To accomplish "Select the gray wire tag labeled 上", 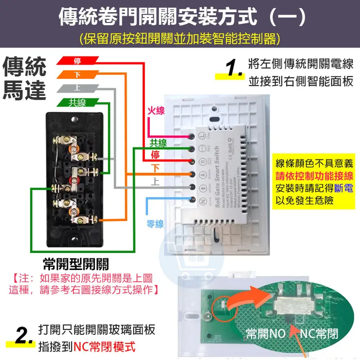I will coord(77,88).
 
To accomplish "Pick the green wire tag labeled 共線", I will coord(77,102).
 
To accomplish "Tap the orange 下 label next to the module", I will coord(156,169).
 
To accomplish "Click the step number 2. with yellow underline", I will coord(22,336).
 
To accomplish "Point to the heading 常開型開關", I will coord(76,264).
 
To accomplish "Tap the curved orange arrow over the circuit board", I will coord(253,297).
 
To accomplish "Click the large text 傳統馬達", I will coord(24,79).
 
